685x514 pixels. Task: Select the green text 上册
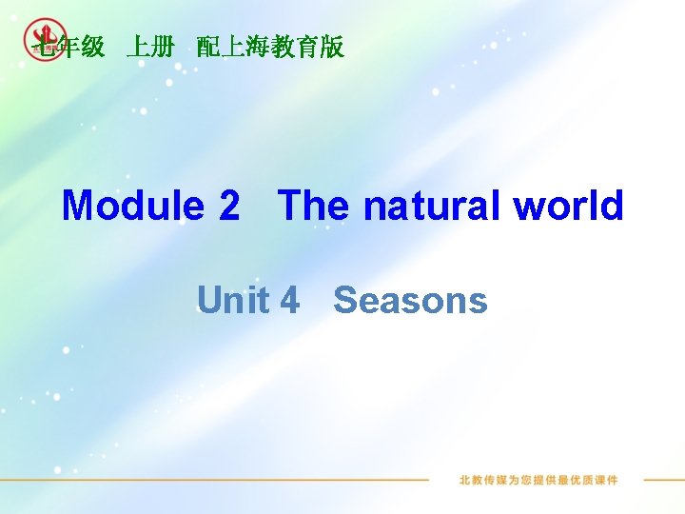click(150, 47)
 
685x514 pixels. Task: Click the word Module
click(132, 206)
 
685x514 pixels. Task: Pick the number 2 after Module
click(229, 206)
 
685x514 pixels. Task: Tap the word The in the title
click(314, 206)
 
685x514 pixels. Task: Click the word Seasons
click(410, 301)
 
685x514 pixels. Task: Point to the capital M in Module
click(78, 206)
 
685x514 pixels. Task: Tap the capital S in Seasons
click(346, 301)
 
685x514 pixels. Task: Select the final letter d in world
click(612, 206)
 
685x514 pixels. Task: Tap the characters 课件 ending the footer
click(606, 480)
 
